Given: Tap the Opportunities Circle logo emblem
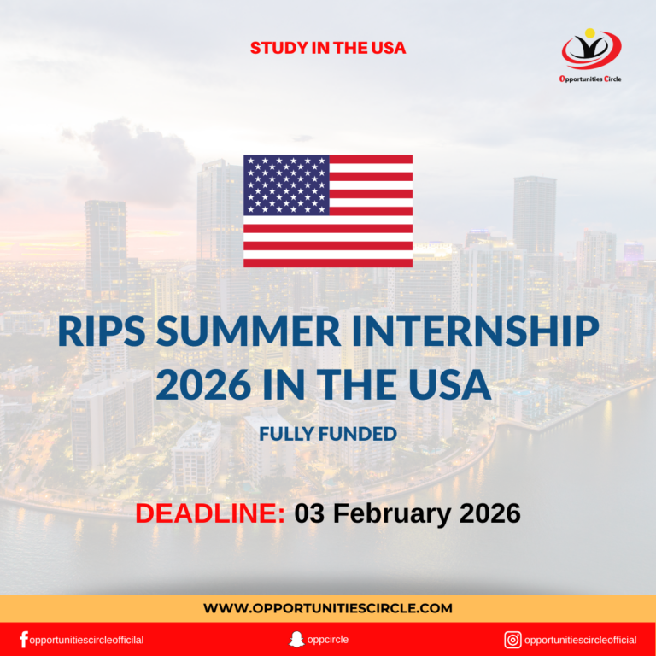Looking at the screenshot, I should (591, 50).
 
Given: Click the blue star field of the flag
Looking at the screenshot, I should (286, 184).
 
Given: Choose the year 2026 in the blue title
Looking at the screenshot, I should (202, 385).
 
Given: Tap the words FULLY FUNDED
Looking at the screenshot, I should (328, 434).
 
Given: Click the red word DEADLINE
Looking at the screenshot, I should (210, 513).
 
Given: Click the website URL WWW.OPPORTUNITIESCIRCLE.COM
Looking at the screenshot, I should (328, 608).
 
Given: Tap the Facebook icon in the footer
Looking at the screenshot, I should (23, 639).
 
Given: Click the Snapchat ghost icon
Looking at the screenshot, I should (296, 639).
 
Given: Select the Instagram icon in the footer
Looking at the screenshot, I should (512, 639).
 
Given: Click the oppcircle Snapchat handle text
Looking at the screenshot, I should (329, 639).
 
